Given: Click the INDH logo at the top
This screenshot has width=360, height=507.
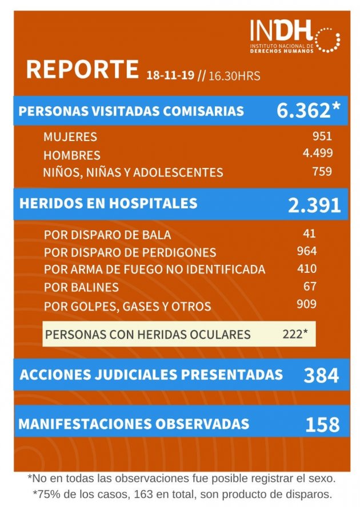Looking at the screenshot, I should (x=294, y=37).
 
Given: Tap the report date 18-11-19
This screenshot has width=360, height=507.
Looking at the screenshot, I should (x=170, y=75).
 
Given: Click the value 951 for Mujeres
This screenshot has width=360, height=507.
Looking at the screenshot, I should (x=322, y=136).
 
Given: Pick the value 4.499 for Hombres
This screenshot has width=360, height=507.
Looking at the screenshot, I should (x=318, y=152).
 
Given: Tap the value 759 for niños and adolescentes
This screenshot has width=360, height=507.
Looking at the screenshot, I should (x=322, y=171).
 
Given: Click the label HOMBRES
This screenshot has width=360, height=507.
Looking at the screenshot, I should (x=72, y=155).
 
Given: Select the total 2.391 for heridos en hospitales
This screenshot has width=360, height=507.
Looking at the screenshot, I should (x=314, y=206).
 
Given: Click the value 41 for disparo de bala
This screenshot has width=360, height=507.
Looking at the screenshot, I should (x=310, y=233).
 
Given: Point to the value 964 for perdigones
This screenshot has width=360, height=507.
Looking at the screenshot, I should (x=307, y=251).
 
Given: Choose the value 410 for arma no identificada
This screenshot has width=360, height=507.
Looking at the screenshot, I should (x=307, y=268).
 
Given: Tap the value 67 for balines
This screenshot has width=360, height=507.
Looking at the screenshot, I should (x=310, y=286).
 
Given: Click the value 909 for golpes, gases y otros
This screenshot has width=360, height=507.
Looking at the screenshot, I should (x=307, y=304).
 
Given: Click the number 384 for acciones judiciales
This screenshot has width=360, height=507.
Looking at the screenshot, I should (x=321, y=375).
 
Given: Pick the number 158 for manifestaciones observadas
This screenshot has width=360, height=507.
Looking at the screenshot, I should (x=322, y=424).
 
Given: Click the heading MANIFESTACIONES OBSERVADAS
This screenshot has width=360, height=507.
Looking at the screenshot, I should (x=134, y=424).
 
